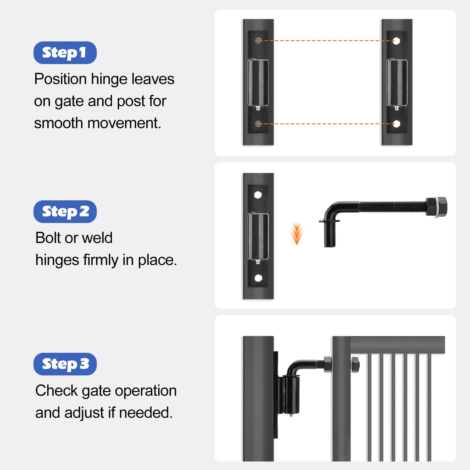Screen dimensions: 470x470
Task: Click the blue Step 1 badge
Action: click(x=65, y=53)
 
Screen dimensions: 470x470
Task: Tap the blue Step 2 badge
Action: click(x=65, y=212)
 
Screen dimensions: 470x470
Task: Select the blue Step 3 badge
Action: click(x=65, y=364)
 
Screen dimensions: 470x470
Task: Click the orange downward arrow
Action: click(x=297, y=234)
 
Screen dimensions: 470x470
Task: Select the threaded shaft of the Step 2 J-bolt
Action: click(x=392, y=207)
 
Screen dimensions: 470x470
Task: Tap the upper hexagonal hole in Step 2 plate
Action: click(x=258, y=194)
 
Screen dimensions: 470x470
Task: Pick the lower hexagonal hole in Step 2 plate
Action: click(x=258, y=278)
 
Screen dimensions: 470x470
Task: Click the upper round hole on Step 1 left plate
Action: click(x=258, y=41)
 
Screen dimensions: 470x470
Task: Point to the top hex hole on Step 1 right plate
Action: click(x=396, y=41)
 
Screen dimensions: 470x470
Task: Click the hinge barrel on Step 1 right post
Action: click(x=397, y=83)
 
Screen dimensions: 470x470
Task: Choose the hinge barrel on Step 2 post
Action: click(x=258, y=236)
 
